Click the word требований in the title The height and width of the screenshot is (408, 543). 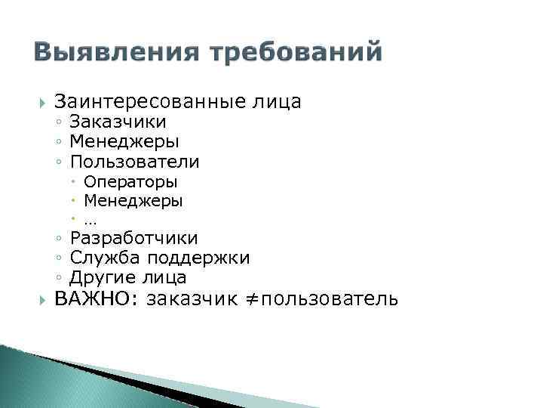[x=297, y=53]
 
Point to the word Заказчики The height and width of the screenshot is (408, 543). [x=118, y=122]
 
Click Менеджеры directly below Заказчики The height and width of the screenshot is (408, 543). [x=124, y=141]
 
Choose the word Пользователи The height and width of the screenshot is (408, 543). [x=135, y=162]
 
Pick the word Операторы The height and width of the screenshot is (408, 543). [x=131, y=181]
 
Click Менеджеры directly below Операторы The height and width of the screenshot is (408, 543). [x=133, y=201]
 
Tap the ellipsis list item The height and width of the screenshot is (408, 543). [x=90, y=221]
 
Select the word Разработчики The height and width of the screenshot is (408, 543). [x=133, y=239]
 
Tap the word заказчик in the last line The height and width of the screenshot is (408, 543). [x=195, y=299]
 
